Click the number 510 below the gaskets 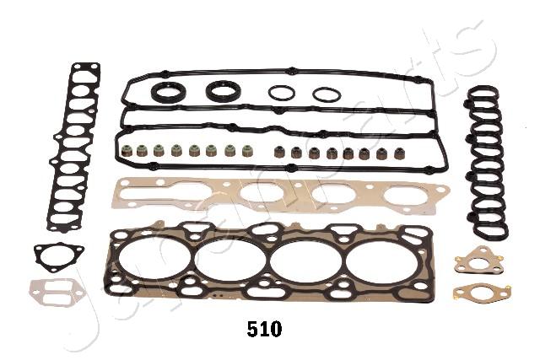[x=264, y=329]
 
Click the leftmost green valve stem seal [x=126, y=150]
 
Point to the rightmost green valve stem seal [x=246, y=150]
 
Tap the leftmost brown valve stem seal [x=278, y=152]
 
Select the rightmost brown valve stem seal [x=399, y=153]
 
